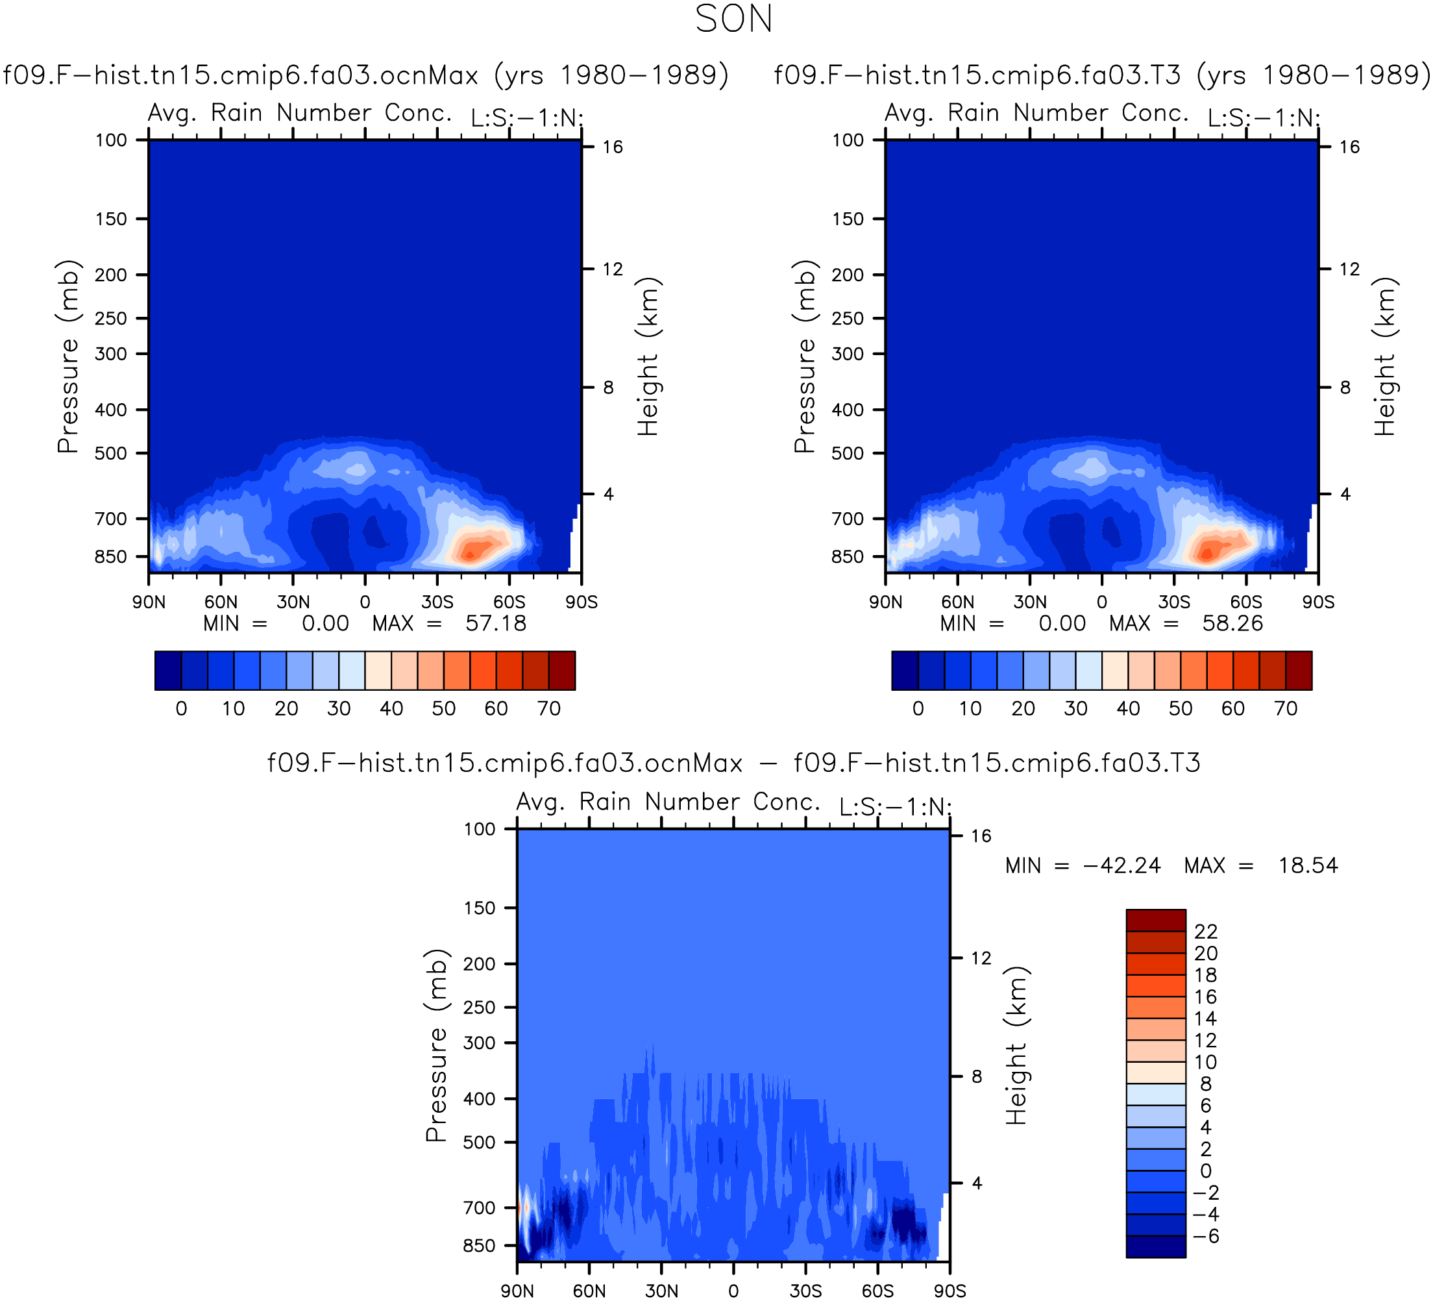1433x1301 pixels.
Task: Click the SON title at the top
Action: pos(733,19)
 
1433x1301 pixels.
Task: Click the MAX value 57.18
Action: pos(495,623)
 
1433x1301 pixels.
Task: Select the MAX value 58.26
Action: pos(1232,623)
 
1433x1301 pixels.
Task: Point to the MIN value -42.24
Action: pos(1121,865)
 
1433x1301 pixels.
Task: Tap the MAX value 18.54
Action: pos(1308,865)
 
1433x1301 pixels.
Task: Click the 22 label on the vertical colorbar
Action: pos(1206,932)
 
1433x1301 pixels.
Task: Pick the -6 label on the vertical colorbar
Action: pos(1206,1236)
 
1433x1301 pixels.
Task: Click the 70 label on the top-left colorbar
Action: pos(549,708)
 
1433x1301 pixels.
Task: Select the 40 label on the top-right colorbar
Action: pos(1128,708)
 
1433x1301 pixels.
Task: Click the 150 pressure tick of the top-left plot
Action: pos(111,219)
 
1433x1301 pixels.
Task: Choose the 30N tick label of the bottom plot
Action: pos(661,1291)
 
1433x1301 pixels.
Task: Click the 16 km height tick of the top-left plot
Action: pos(613,147)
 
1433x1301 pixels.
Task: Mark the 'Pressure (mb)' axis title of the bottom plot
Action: pos(436,1045)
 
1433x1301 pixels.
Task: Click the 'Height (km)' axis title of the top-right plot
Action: pos(1386,356)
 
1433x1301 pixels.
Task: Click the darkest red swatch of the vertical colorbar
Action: pos(1156,920)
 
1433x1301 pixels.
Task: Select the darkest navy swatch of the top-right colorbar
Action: pos(905,671)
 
